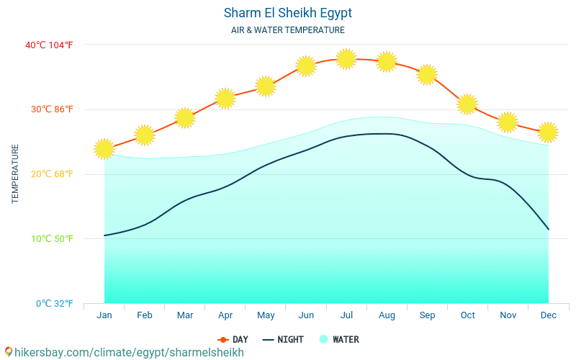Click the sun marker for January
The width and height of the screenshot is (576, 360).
click(104, 149)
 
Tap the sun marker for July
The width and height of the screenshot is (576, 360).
click(346, 59)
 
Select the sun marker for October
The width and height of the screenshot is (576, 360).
click(467, 104)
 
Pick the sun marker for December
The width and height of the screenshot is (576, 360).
click(548, 132)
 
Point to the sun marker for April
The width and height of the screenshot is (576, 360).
click(225, 98)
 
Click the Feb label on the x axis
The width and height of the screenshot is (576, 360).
click(145, 315)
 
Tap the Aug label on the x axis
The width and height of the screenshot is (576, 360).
click(387, 315)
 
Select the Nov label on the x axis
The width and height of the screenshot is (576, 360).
click(508, 315)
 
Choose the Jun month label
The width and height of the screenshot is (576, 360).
click(306, 315)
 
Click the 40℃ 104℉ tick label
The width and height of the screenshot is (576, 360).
click(49, 45)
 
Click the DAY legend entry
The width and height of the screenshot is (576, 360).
click(233, 339)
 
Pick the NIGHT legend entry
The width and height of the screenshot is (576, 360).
click(283, 339)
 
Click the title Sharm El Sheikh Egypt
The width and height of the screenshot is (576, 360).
click(288, 13)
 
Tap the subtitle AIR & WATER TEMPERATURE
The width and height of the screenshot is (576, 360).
click(288, 30)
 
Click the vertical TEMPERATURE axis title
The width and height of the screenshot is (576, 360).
click(15, 174)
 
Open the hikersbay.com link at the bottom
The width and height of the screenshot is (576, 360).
click(125, 352)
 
